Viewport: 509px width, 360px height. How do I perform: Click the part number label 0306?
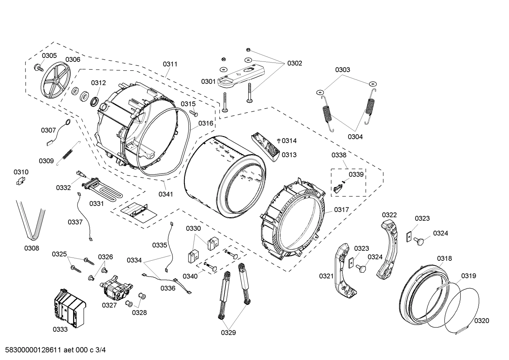pyautogui.click(x=73, y=60)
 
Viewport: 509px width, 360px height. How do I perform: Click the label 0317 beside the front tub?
pyautogui.click(x=341, y=209)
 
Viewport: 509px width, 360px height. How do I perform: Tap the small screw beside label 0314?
pyautogui.click(x=279, y=141)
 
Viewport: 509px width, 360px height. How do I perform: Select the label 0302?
pyautogui.click(x=294, y=63)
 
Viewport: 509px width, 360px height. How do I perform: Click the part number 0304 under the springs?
pyautogui.click(x=355, y=137)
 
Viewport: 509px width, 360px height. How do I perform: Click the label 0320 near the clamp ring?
pyautogui.click(x=481, y=320)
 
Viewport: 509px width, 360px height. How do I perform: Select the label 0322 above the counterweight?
pyautogui.click(x=389, y=215)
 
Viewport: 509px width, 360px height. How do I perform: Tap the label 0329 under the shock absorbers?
pyautogui.click(x=228, y=332)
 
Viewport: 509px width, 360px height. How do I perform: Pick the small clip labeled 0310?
pyautogui.click(x=21, y=181)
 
